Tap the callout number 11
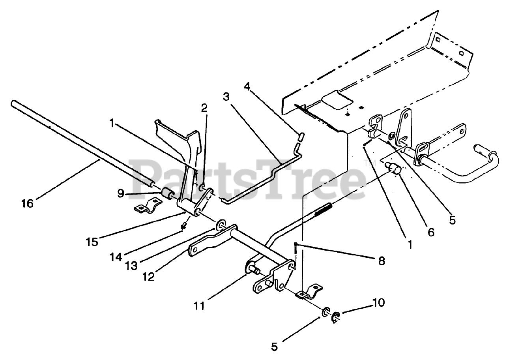[199, 306]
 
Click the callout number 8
[381, 261]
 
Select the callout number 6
[430, 232]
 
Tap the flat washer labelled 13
[219, 225]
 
